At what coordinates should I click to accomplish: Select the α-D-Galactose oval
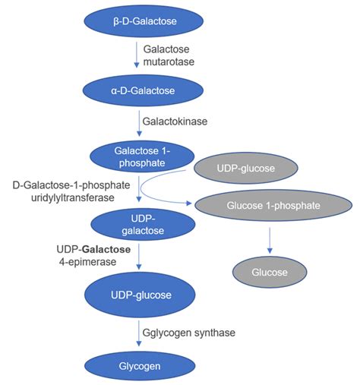138,91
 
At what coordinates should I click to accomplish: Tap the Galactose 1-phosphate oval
138,155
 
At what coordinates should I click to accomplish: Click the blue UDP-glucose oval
138,294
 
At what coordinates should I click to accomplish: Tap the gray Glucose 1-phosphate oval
269,205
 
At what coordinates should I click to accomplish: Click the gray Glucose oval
269,272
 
